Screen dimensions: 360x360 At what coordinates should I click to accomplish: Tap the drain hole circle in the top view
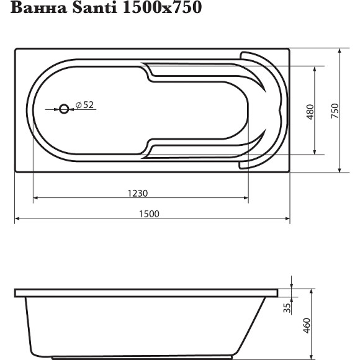coord(65,109)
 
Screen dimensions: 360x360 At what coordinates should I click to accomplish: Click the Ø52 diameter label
coord(84,106)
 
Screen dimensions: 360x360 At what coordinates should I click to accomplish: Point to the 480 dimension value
coord(311,110)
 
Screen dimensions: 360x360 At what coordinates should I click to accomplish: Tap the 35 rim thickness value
coord(287,307)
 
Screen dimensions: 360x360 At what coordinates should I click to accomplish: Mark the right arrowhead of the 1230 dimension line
coord(246,199)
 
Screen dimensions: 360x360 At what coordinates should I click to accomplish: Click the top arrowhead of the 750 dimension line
coord(340,52)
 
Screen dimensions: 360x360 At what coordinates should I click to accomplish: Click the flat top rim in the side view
coord(149,292)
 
